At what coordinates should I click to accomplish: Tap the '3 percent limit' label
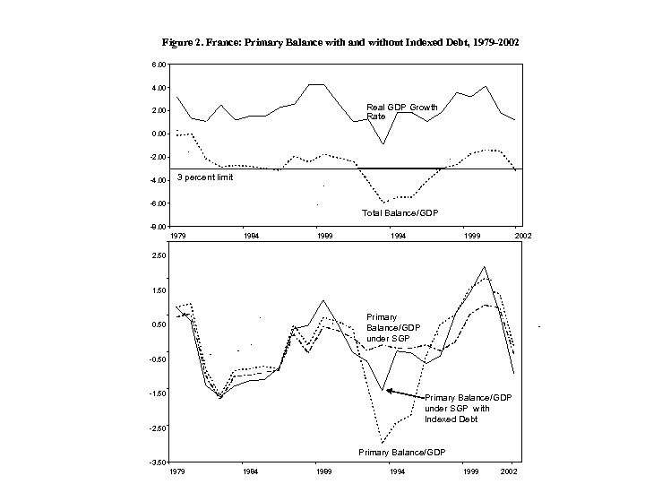[205, 177]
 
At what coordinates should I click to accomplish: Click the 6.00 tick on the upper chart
[158, 65]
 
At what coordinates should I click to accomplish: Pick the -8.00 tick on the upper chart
[157, 227]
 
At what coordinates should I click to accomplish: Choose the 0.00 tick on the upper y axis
[158, 134]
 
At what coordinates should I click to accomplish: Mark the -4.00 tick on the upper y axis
[157, 180]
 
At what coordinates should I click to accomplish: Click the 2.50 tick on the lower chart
[158, 255]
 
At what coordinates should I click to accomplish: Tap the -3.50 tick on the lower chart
[157, 462]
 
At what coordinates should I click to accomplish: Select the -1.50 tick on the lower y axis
[157, 393]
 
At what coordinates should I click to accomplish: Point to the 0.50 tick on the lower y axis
[158, 324]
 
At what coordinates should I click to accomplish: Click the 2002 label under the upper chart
[523, 235]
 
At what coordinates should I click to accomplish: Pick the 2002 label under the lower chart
[508, 471]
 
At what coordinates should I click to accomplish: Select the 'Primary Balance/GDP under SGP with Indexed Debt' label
[467, 408]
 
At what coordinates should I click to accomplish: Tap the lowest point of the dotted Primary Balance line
[383, 443]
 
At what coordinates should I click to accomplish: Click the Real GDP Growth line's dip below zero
[383, 143]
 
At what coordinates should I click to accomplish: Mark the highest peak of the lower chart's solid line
[484, 267]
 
